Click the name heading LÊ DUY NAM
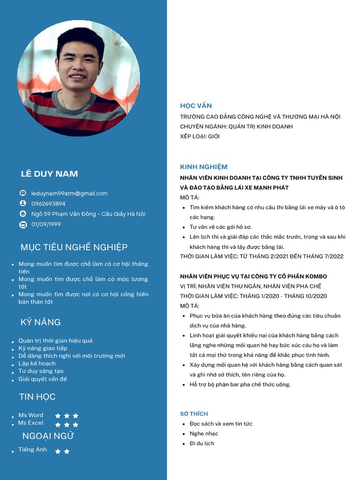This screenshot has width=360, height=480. point(49,174)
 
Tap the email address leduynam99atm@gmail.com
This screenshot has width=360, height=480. point(69,193)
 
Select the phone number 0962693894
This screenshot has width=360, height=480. point(48,204)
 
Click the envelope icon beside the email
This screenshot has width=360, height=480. point(23,193)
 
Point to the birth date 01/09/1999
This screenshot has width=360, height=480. point(46,225)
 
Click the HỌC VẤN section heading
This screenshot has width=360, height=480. point(196,106)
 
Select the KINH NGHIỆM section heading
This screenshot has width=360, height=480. point(203,167)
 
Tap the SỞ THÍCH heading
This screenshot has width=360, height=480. point(194,414)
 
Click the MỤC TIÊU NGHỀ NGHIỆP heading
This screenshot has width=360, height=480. point(74,247)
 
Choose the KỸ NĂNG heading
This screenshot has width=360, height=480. point(40,322)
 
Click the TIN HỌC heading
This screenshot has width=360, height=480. point(37,397)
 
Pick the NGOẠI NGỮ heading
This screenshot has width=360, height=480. point(48,436)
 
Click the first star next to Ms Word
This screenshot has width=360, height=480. point(58,416)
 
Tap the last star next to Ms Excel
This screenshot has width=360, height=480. point(75,425)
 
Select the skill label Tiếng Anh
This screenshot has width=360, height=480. point(33,450)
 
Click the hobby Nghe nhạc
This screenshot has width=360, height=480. point(203,434)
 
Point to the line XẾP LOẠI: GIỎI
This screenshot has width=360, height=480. point(200,136)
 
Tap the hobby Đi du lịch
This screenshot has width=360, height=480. point(202,443)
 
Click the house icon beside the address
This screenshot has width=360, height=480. point(23,214)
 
